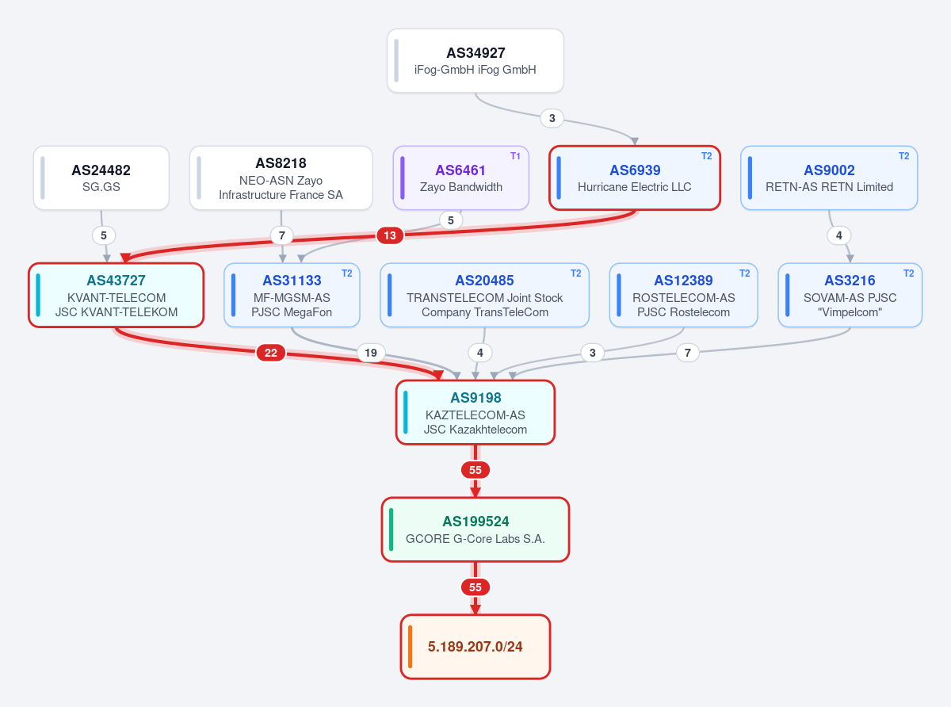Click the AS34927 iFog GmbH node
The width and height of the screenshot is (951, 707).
[x=475, y=60]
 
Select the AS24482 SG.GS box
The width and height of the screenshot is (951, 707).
[x=101, y=178]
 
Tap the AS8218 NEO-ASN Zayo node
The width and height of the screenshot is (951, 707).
[x=281, y=178]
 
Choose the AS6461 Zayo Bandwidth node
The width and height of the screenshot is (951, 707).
[x=461, y=178]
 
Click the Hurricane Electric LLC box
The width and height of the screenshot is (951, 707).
[x=635, y=178]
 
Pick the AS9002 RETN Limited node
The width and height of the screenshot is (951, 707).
[x=829, y=178]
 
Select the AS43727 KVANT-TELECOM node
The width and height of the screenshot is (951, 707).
[x=116, y=295]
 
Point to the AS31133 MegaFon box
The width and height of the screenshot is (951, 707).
[x=292, y=295]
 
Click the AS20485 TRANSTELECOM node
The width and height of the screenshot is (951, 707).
[x=484, y=295]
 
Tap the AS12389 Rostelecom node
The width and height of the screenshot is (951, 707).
[x=683, y=295]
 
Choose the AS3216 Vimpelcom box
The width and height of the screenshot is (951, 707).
[x=850, y=295]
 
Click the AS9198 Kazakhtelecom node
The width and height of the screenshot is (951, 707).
[x=475, y=412]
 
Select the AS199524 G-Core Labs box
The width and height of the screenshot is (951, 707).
[x=475, y=529]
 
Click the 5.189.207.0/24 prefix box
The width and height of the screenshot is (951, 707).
[x=475, y=647]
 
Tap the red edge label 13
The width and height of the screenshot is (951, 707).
[x=390, y=235]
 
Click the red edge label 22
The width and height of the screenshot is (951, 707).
[x=270, y=353]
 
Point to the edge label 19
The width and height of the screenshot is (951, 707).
[x=371, y=353]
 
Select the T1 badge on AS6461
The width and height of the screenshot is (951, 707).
[x=515, y=156]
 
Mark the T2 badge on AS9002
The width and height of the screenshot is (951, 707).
[x=903, y=156]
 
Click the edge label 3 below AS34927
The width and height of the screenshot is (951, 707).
[x=552, y=118]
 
